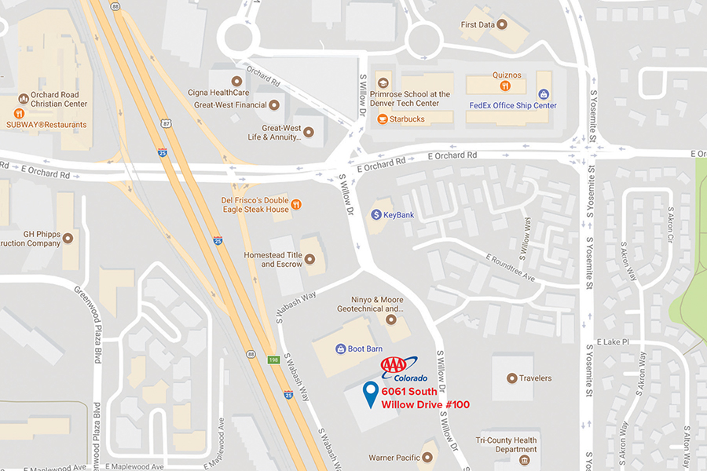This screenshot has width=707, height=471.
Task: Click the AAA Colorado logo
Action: (x=404, y=369)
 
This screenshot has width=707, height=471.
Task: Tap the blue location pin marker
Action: (x=371, y=394)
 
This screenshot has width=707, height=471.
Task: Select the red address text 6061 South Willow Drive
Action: (x=425, y=398)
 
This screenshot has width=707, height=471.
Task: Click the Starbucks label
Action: (x=406, y=119)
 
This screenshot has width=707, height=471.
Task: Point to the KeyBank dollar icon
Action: (x=375, y=214)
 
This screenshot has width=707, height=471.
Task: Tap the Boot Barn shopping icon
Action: (x=341, y=349)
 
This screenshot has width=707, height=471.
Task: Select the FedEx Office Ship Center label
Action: (x=512, y=105)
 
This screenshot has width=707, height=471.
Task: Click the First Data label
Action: (x=477, y=25)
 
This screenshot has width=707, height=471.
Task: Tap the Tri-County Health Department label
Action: (x=507, y=445)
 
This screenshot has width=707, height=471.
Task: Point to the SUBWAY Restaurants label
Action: (x=46, y=125)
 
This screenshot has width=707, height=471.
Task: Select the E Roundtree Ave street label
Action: (x=509, y=268)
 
